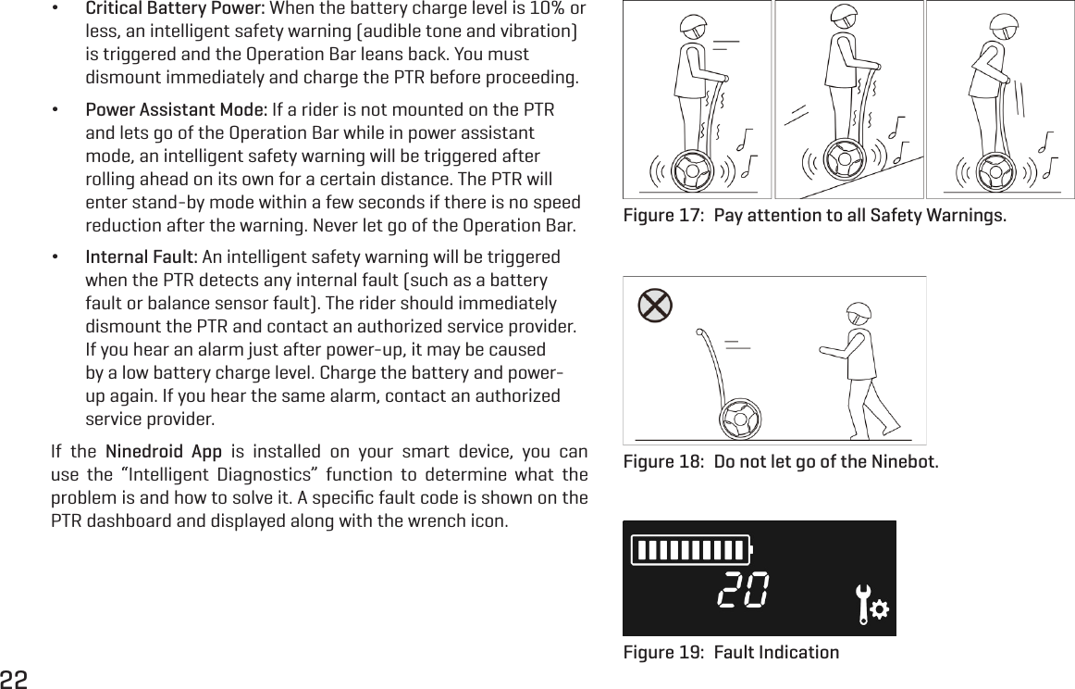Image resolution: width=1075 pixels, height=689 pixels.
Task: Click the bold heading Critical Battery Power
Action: (175, 9)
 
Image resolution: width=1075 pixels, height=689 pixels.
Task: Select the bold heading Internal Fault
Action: (142, 257)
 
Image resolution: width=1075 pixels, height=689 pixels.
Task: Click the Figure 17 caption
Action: (815, 217)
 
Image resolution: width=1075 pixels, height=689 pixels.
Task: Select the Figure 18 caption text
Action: (780, 461)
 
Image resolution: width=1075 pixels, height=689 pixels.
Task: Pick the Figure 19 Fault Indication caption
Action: (731, 652)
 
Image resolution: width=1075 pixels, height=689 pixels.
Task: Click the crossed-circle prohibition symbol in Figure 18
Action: (655, 304)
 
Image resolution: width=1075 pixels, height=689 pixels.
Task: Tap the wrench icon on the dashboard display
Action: (870, 606)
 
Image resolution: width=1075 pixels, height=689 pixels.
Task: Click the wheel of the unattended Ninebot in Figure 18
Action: (741, 418)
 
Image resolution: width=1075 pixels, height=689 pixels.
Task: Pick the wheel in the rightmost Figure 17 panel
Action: (995, 169)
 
